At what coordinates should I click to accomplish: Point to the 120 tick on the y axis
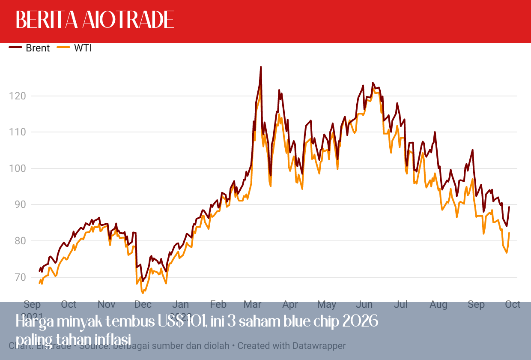[x=17, y=96]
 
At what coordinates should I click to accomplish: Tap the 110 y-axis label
[x=17, y=132]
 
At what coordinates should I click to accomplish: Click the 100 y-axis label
[x=17, y=168]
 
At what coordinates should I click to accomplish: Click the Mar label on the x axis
[x=252, y=305]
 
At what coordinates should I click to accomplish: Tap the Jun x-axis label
[x=364, y=305]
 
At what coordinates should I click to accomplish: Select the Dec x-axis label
[x=143, y=305]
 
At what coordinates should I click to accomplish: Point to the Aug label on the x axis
[x=438, y=305]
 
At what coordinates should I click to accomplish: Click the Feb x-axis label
[x=218, y=305]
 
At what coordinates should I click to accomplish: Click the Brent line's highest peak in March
[x=261, y=67]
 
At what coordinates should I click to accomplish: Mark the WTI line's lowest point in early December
[x=143, y=293]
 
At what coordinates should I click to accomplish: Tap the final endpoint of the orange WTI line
[x=509, y=233]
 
